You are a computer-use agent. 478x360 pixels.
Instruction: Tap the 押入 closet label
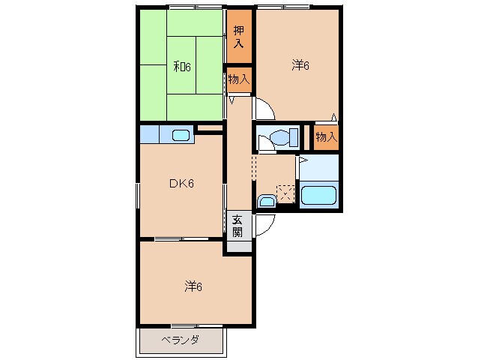(x=238, y=37)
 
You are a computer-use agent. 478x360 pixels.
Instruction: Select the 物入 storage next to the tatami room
(x=238, y=79)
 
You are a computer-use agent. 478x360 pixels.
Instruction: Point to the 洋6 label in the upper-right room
(x=300, y=65)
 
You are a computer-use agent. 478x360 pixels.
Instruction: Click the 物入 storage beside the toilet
(x=325, y=137)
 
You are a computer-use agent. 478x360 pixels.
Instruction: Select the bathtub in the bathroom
(x=320, y=196)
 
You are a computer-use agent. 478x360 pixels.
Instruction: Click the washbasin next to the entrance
(x=265, y=201)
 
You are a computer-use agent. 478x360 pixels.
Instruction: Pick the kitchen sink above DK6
(x=180, y=136)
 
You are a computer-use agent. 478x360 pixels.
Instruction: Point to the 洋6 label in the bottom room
(x=194, y=286)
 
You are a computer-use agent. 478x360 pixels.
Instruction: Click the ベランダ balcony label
(x=180, y=340)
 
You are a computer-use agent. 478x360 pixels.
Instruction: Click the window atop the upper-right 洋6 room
(x=283, y=7)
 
